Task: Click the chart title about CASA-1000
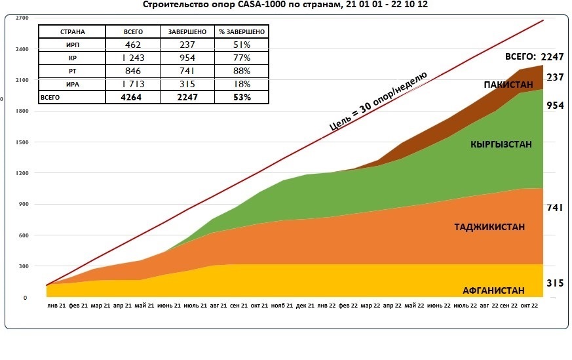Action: tap(286, 5)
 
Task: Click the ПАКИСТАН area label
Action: tap(508, 85)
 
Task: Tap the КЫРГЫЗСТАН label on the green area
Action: tap(502, 144)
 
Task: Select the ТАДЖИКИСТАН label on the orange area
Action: tap(489, 227)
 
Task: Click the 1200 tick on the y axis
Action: tap(22, 173)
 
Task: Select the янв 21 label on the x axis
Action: tap(56, 306)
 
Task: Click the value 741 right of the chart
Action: tap(554, 208)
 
